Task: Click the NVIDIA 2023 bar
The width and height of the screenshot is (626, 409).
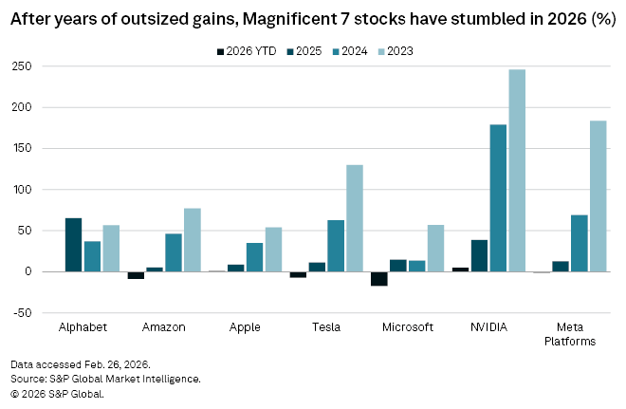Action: [517, 171]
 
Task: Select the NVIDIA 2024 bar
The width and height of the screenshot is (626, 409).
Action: [498, 198]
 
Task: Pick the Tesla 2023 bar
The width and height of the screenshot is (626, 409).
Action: [355, 218]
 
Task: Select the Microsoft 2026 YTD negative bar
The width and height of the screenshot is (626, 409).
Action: [379, 278]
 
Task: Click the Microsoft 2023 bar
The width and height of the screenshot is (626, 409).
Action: [435, 249]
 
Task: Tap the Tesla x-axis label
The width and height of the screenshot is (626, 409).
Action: [326, 327]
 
